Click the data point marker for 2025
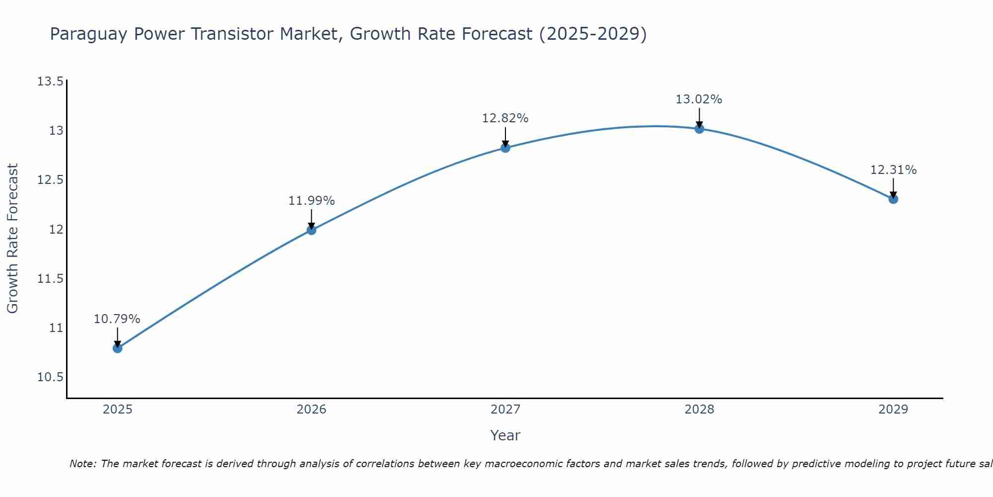(118, 348)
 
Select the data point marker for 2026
(311, 230)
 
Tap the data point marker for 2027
(505, 148)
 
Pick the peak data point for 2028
(699, 129)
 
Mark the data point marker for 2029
(893, 199)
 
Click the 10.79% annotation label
(117, 319)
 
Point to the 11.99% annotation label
(311, 201)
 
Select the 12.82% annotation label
(505, 118)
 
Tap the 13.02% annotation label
(699, 99)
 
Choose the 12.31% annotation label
(893, 170)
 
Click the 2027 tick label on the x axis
(505, 410)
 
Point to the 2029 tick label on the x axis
(893, 410)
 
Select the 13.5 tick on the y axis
(50, 82)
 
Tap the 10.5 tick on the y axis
(50, 377)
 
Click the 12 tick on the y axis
(56, 230)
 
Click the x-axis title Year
(505, 435)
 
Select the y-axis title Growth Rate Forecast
(12, 239)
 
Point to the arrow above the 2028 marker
(699, 118)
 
